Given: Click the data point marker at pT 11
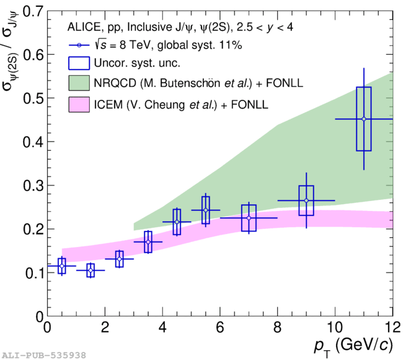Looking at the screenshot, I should click(364, 119).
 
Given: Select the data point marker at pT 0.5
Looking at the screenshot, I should click(61, 266).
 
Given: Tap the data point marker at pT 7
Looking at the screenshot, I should click(249, 218).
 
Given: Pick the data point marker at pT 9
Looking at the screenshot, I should click(306, 200).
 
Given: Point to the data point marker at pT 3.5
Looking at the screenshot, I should click(148, 241).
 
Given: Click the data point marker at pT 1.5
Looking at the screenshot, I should click(91, 271).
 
